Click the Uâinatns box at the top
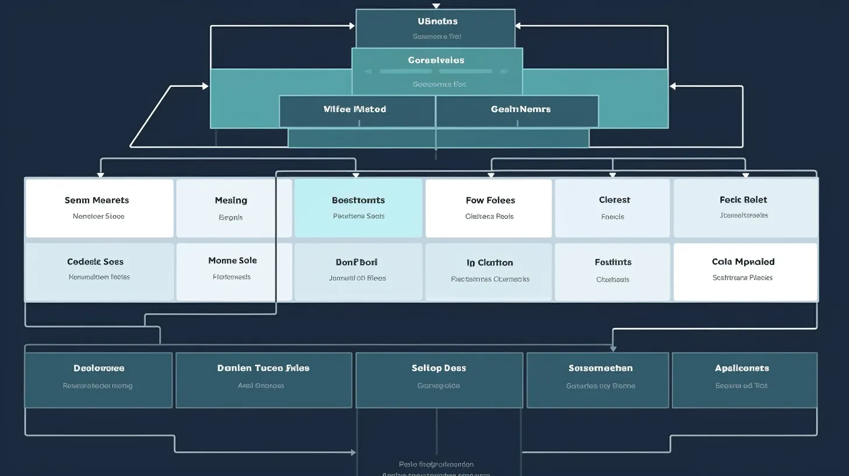point(435,28)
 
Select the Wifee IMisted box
point(357,111)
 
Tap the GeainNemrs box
point(517,111)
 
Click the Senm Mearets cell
point(99,208)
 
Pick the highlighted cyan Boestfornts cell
point(358,208)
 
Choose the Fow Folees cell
point(489,208)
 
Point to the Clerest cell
point(612,208)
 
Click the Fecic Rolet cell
point(745,208)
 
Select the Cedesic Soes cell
point(99,271)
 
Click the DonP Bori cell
point(358,271)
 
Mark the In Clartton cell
point(489,271)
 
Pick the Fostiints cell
point(612,271)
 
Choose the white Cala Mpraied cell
point(745,271)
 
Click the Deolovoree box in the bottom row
point(99,379)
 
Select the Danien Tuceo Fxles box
point(264,379)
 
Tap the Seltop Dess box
point(438,379)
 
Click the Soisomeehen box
point(598,379)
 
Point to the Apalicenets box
point(744,379)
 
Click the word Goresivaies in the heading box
point(436,60)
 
